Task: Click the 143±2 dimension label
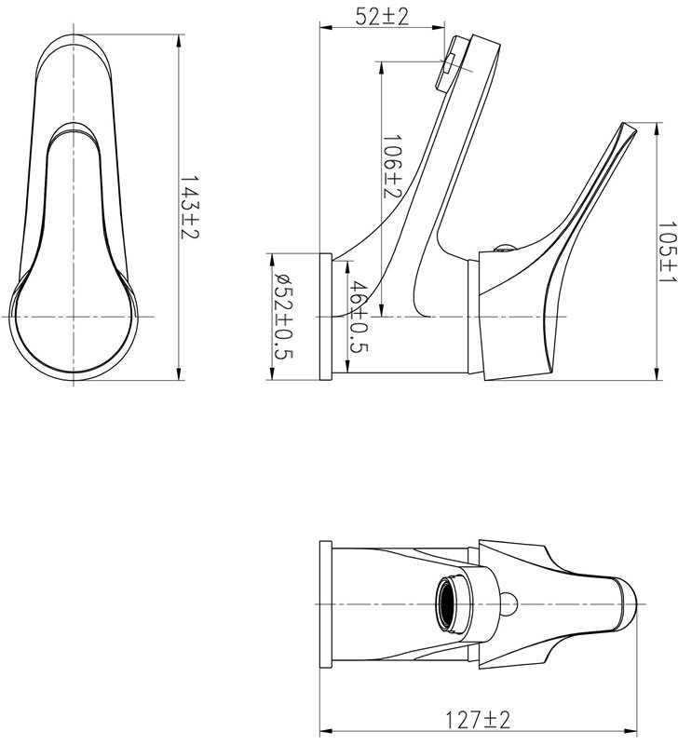[x=189, y=208]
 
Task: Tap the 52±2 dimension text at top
[x=382, y=18]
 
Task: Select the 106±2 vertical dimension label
[x=392, y=167]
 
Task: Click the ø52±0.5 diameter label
[x=285, y=318]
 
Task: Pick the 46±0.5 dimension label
[x=359, y=318]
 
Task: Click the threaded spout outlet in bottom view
[x=450, y=603]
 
